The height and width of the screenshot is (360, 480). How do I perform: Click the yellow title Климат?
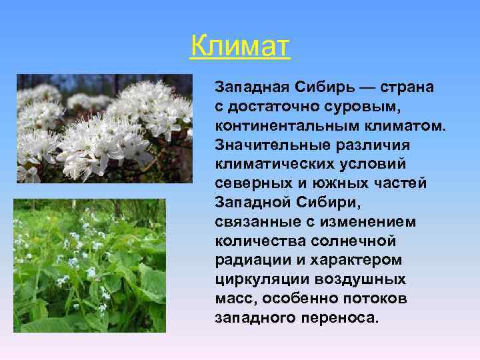pos(240,47)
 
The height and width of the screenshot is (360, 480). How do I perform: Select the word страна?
pos(407,87)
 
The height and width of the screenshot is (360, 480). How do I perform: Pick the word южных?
pos(331,183)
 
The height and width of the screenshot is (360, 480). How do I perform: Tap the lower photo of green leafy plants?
pos(90,265)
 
